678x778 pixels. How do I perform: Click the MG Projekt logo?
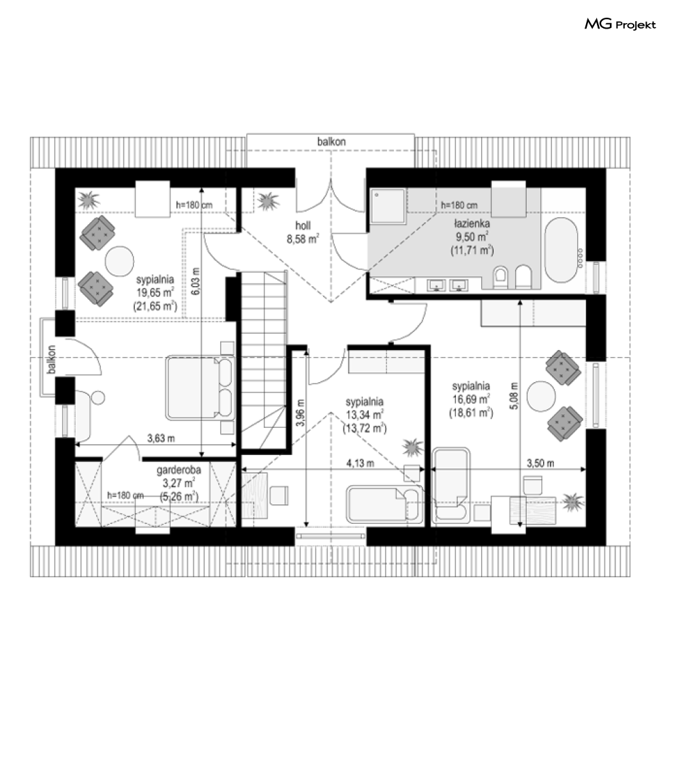coord(620,25)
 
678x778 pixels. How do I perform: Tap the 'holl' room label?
coord(303,225)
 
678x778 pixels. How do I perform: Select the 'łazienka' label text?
coord(472,223)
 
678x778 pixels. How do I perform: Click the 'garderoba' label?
coord(179,470)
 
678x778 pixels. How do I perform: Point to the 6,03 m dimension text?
coord(196,281)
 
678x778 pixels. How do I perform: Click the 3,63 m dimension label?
coord(161,438)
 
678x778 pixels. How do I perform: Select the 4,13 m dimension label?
coord(360,463)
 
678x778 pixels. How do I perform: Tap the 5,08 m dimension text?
coord(514,395)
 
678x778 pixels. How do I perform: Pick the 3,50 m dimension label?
coord(540,463)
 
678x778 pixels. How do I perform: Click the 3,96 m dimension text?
coord(300,413)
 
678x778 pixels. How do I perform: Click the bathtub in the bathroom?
coord(561,250)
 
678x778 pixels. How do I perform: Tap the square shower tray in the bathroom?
coord(388,205)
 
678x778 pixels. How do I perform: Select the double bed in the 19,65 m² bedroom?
coord(200,388)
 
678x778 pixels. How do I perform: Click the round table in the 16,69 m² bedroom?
coord(541,396)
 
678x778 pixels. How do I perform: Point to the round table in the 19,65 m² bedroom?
coord(119,261)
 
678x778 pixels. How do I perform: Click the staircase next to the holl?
coord(264,360)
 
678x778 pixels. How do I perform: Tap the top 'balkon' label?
coord(332,142)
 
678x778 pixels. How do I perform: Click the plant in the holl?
coord(268,201)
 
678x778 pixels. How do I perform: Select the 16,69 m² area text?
coord(471,399)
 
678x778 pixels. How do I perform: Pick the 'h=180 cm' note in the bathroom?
coord(459,205)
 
